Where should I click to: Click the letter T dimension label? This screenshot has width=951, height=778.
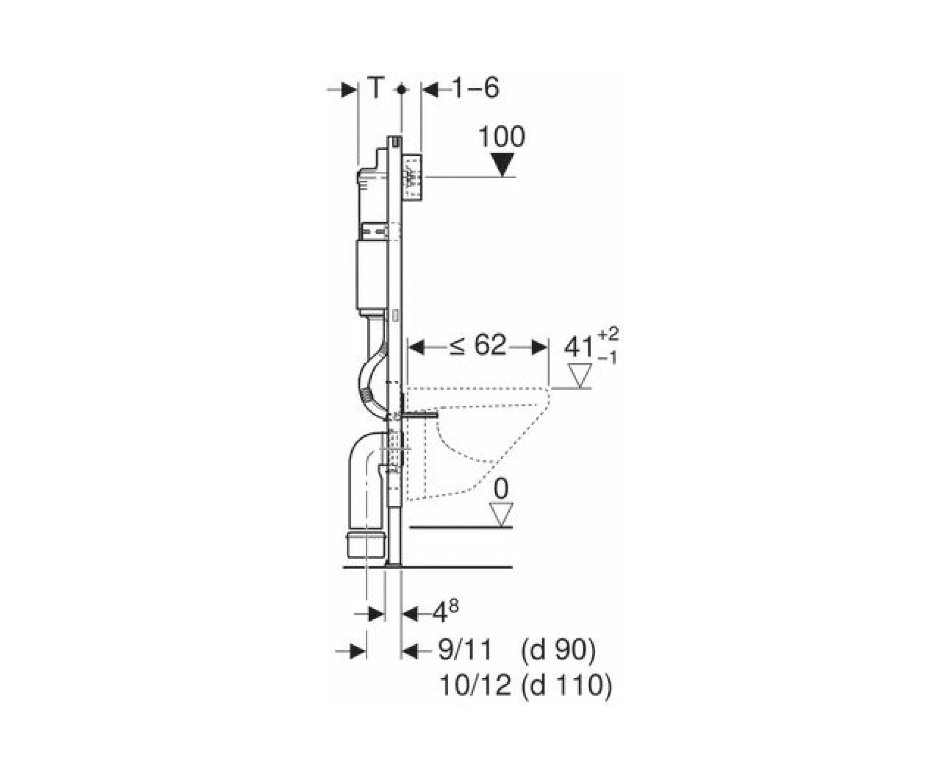(376, 88)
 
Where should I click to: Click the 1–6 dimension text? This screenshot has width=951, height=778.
(475, 88)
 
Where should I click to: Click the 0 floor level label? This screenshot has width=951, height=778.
(501, 488)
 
